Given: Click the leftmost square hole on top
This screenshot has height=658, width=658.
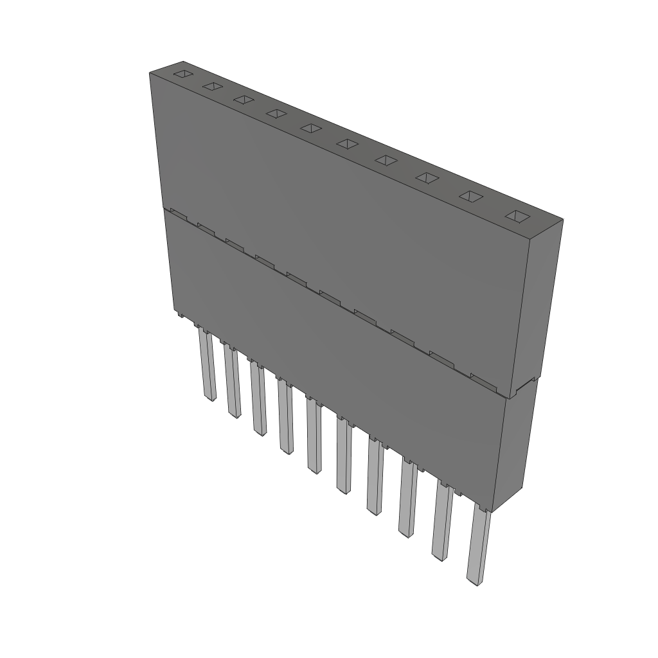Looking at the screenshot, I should (x=183, y=73).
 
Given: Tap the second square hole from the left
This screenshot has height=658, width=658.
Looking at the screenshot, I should (x=212, y=86).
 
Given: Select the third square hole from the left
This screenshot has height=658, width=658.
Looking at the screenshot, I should (x=243, y=100).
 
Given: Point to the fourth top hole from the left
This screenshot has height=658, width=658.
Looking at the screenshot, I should (x=276, y=114).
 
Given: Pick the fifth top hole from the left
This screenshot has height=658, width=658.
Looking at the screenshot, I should (x=310, y=128).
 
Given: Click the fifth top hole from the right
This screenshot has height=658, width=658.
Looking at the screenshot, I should (x=346, y=143).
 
